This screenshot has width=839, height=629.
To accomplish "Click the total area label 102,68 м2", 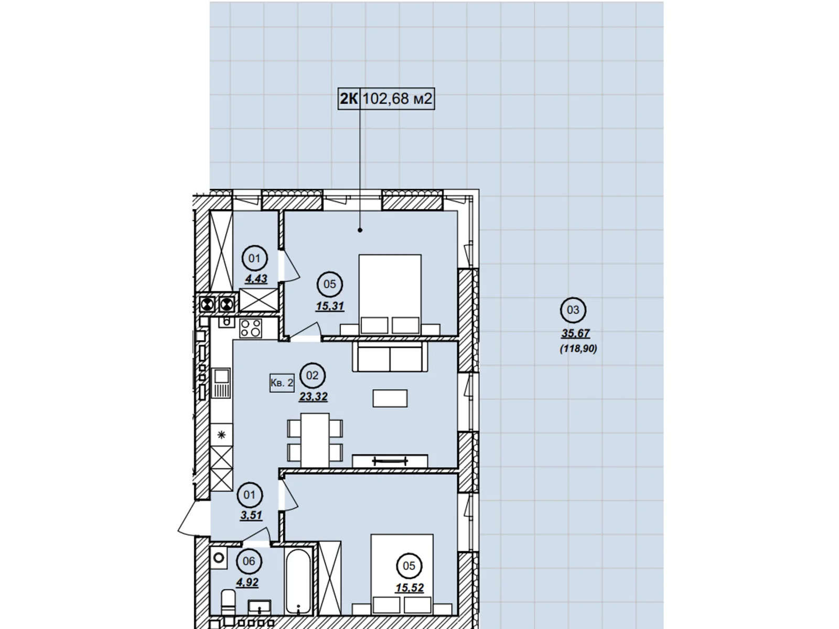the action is point(397,99).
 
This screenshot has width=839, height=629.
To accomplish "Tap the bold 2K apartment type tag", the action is point(349,99).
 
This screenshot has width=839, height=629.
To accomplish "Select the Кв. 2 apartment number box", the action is point(282,383).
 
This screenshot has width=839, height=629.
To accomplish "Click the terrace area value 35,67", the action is point(575,333).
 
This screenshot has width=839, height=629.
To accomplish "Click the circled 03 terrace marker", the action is point(573,310).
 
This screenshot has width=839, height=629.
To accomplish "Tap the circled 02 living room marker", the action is point(313,375).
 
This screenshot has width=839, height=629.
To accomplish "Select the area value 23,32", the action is point(313,397).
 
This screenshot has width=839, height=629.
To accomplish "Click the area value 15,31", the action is point(330,306).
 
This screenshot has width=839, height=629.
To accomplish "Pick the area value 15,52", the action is point(410,588).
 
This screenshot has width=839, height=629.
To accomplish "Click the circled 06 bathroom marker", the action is point(249,561).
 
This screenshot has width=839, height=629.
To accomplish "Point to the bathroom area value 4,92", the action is point(248,582).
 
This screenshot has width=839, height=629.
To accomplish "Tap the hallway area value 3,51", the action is point(251,515).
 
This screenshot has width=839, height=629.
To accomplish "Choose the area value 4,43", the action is point(256,278).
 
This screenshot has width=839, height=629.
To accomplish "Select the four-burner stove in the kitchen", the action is point(251,329).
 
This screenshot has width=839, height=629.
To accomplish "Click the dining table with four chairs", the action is point(315,440).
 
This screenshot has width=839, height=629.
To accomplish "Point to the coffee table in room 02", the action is point(390,398).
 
